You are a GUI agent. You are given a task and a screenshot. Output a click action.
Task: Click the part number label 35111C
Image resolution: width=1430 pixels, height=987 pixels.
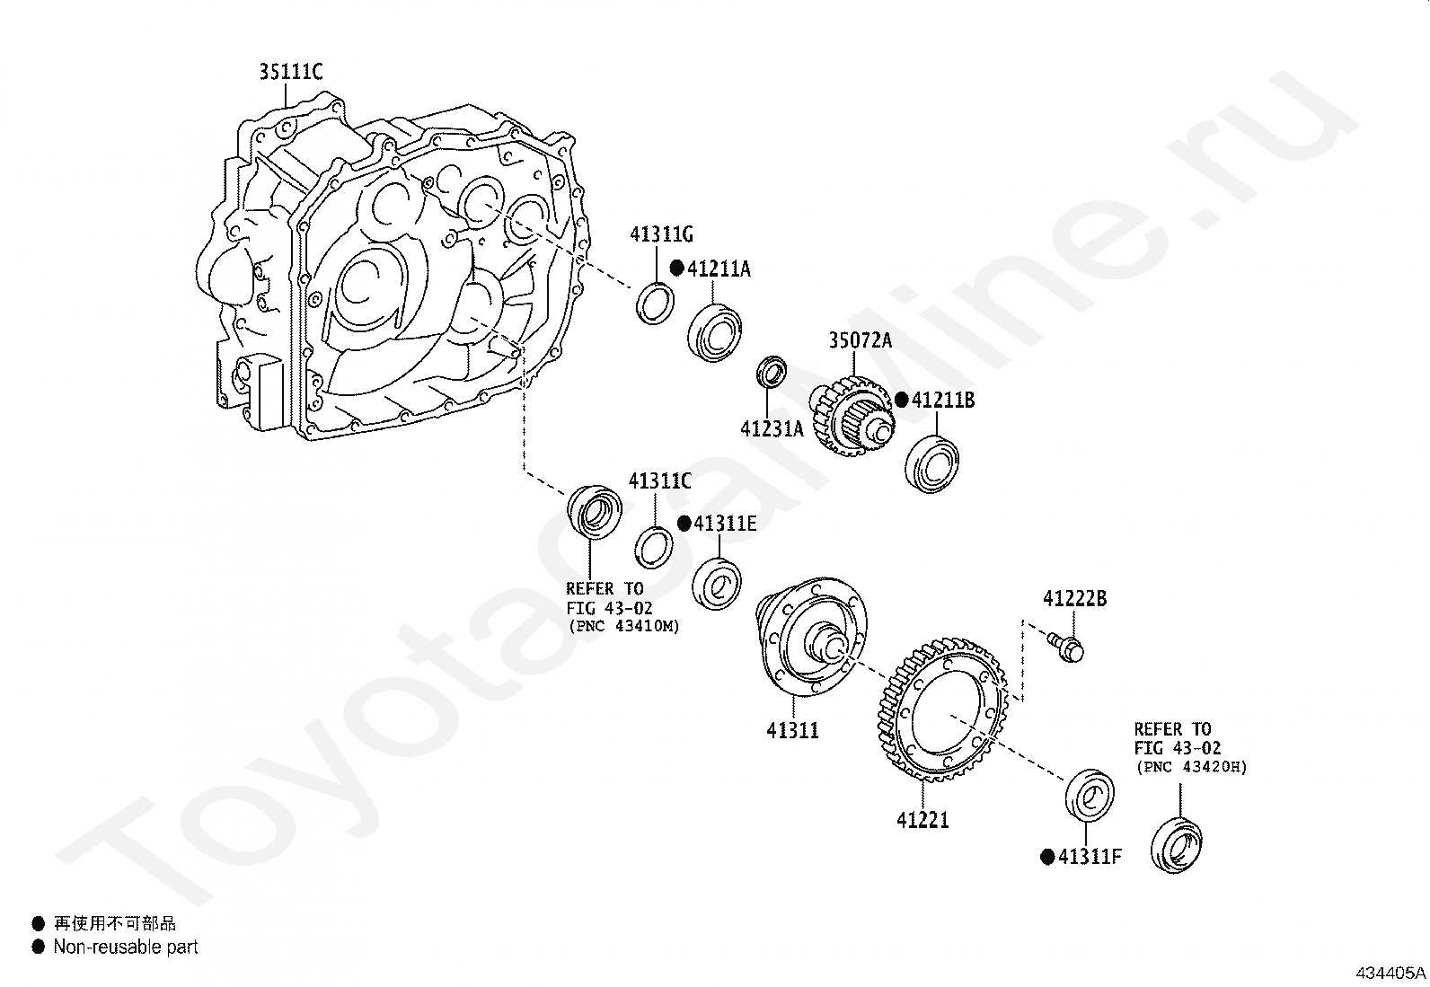tap(290, 71)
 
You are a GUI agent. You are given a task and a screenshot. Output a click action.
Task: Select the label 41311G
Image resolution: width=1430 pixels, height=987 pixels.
tap(661, 235)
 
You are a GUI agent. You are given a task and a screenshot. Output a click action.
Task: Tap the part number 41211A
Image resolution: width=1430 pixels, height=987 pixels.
tap(719, 269)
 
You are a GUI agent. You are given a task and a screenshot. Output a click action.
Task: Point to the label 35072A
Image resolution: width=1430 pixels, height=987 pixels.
tap(860, 340)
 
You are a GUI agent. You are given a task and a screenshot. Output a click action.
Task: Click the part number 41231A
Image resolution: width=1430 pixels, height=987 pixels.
tap(772, 429)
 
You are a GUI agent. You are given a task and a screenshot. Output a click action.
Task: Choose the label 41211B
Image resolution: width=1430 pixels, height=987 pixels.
tap(942, 401)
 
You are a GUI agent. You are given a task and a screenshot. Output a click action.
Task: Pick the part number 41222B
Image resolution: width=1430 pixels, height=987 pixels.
tap(1074, 598)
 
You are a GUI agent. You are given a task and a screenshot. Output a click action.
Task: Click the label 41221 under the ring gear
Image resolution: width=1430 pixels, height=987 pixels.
tap(922, 820)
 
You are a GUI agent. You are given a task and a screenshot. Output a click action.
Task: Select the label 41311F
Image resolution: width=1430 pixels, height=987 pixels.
tap(1090, 857)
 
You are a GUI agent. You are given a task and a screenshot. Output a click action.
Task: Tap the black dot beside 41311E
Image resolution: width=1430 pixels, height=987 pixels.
tap(684, 524)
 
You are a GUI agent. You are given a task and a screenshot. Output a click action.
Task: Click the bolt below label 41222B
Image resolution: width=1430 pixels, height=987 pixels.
tap(1066, 645)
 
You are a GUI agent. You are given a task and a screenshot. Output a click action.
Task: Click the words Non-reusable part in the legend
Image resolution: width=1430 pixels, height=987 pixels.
tap(125, 947)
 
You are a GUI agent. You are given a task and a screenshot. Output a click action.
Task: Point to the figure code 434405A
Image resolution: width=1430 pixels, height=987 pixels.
tap(1390, 973)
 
